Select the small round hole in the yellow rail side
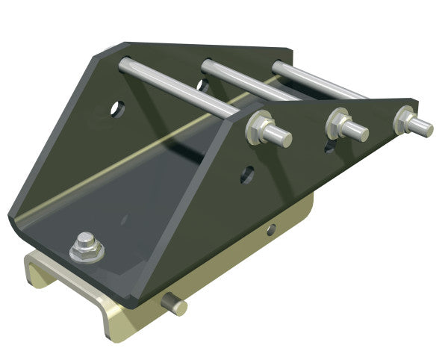click(273, 229)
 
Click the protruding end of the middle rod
click(358, 131)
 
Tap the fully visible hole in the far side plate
click(118, 109)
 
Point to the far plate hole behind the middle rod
click(202, 85)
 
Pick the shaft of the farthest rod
click(321, 81)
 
